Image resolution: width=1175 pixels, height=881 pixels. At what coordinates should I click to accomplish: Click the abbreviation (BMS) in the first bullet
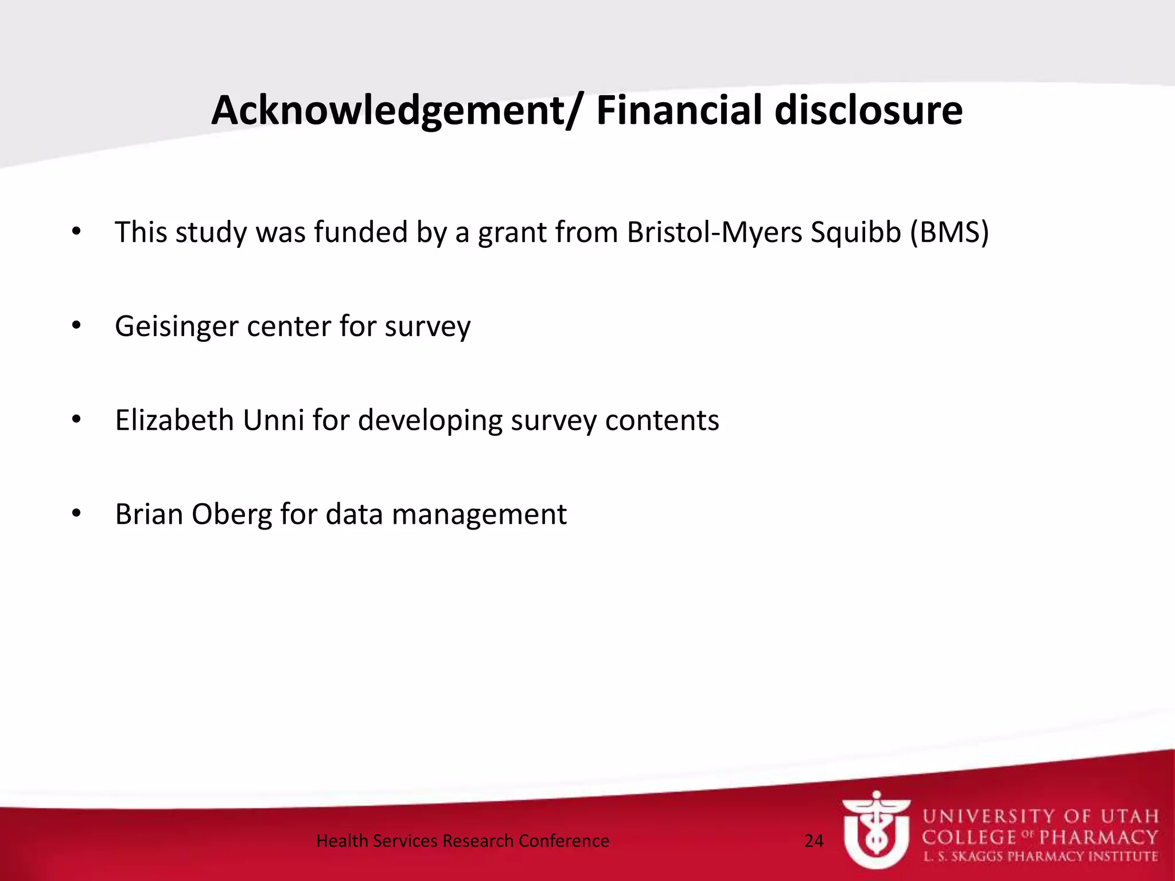950,233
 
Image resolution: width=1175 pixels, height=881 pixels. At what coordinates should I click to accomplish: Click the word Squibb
855,233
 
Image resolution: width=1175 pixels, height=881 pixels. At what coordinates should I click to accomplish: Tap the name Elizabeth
174,420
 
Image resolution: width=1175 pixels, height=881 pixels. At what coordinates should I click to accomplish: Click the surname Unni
274,420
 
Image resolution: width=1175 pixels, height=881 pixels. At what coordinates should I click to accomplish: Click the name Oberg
232,514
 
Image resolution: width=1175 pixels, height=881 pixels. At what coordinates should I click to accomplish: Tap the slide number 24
814,841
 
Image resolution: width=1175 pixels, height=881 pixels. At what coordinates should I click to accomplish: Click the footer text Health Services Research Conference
462,841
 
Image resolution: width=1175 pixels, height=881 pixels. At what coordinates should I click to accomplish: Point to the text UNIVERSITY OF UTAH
1040,816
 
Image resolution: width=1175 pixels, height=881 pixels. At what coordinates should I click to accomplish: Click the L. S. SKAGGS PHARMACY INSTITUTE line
1040,857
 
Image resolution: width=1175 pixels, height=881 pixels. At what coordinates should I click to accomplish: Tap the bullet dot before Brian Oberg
76,513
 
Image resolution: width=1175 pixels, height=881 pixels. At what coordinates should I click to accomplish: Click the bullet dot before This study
76,232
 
